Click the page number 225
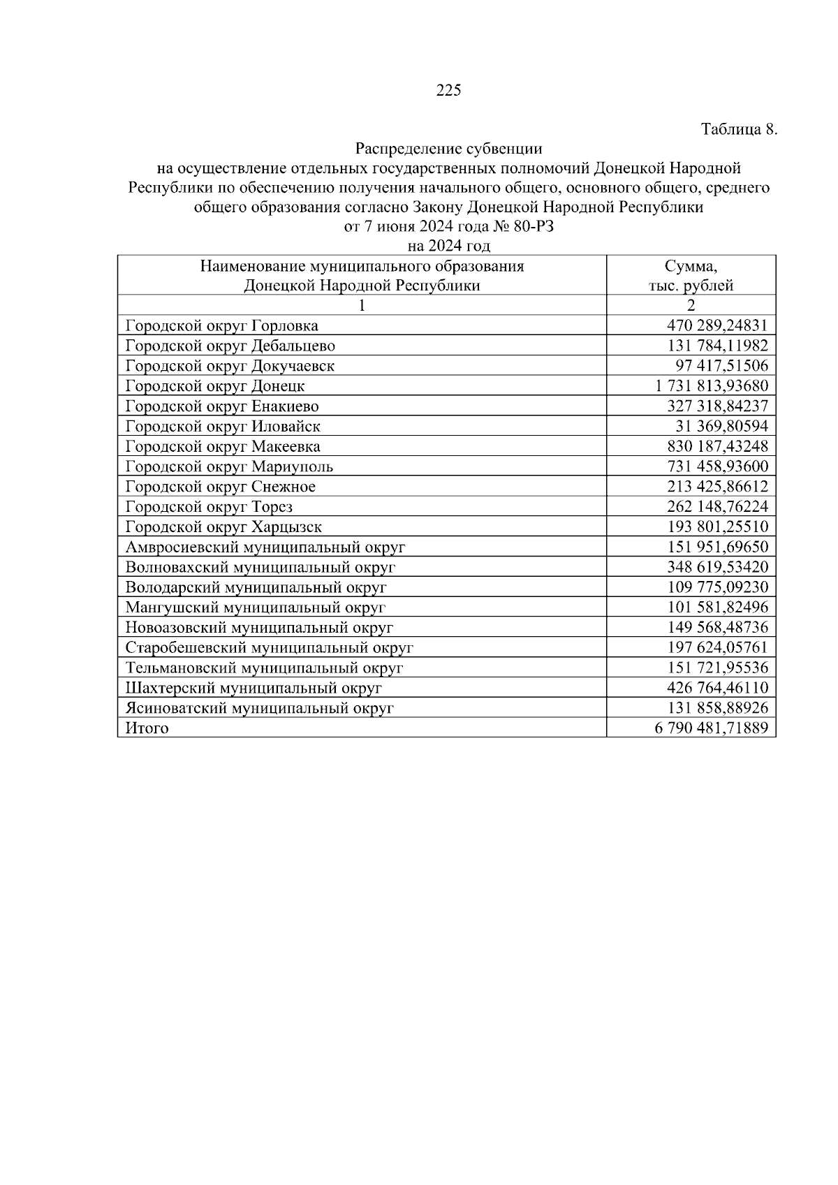(x=448, y=90)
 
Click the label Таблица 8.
(x=738, y=129)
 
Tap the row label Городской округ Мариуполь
(x=229, y=466)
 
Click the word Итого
(x=147, y=728)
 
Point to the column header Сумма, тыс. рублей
(x=691, y=276)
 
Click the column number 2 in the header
(x=691, y=305)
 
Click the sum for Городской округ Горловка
(x=717, y=325)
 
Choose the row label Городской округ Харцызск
(x=223, y=527)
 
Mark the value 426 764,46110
(x=717, y=688)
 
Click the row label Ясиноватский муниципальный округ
(x=260, y=708)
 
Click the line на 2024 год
(x=448, y=246)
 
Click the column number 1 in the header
(x=362, y=305)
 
